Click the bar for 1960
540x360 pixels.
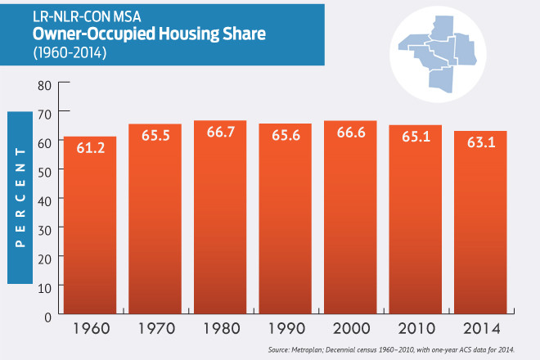point(89,225)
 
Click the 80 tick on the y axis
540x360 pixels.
point(43,84)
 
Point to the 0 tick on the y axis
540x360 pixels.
point(47,315)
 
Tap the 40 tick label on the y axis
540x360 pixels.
point(43,200)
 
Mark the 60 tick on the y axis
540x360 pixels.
point(43,142)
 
